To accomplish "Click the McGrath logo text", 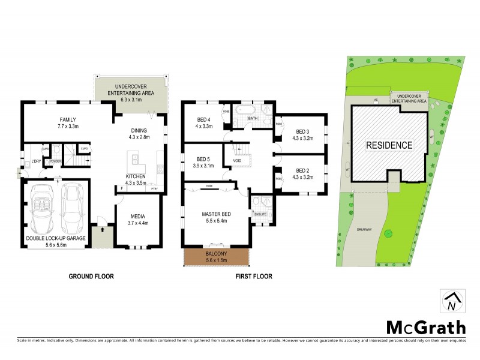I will click(425, 327).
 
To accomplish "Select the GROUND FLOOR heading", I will click(92, 277).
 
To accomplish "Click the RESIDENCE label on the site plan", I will click(389, 145).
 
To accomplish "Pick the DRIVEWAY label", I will click(365, 229).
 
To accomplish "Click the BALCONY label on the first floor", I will click(217, 254).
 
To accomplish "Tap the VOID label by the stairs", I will click(236, 161).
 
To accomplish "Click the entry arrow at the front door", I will click(102, 229).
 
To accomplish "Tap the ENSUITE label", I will click(260, 213).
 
